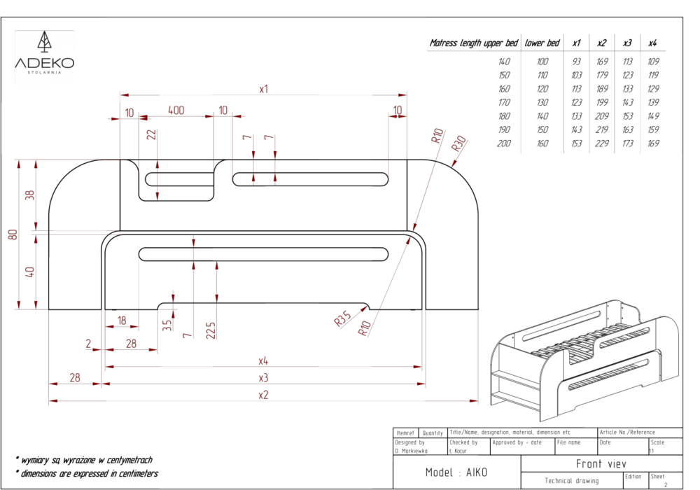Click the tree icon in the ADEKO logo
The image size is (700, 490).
click(44, 43)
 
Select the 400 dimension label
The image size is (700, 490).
click(176, 111)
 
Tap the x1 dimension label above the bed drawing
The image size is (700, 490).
click(264, 89)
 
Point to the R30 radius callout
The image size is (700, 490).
click(458, 143)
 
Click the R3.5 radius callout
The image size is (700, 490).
click(342, 319)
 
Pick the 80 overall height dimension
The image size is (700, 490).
click(13, 234)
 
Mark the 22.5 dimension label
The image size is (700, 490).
click(211, 330)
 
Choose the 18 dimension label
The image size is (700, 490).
click(122, 321)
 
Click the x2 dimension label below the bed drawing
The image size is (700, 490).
click(263, 395)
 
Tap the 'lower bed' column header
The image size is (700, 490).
click(542, 43)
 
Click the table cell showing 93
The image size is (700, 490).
click(576, 62)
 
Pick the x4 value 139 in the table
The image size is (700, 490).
click(653, 102)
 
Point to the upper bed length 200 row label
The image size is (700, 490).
click(504, 143)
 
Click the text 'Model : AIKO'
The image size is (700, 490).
click(456, 472)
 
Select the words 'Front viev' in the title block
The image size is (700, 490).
click(601, 463)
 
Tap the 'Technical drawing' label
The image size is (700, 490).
click(572, 481)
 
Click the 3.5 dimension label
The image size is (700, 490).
click(166, 326)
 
